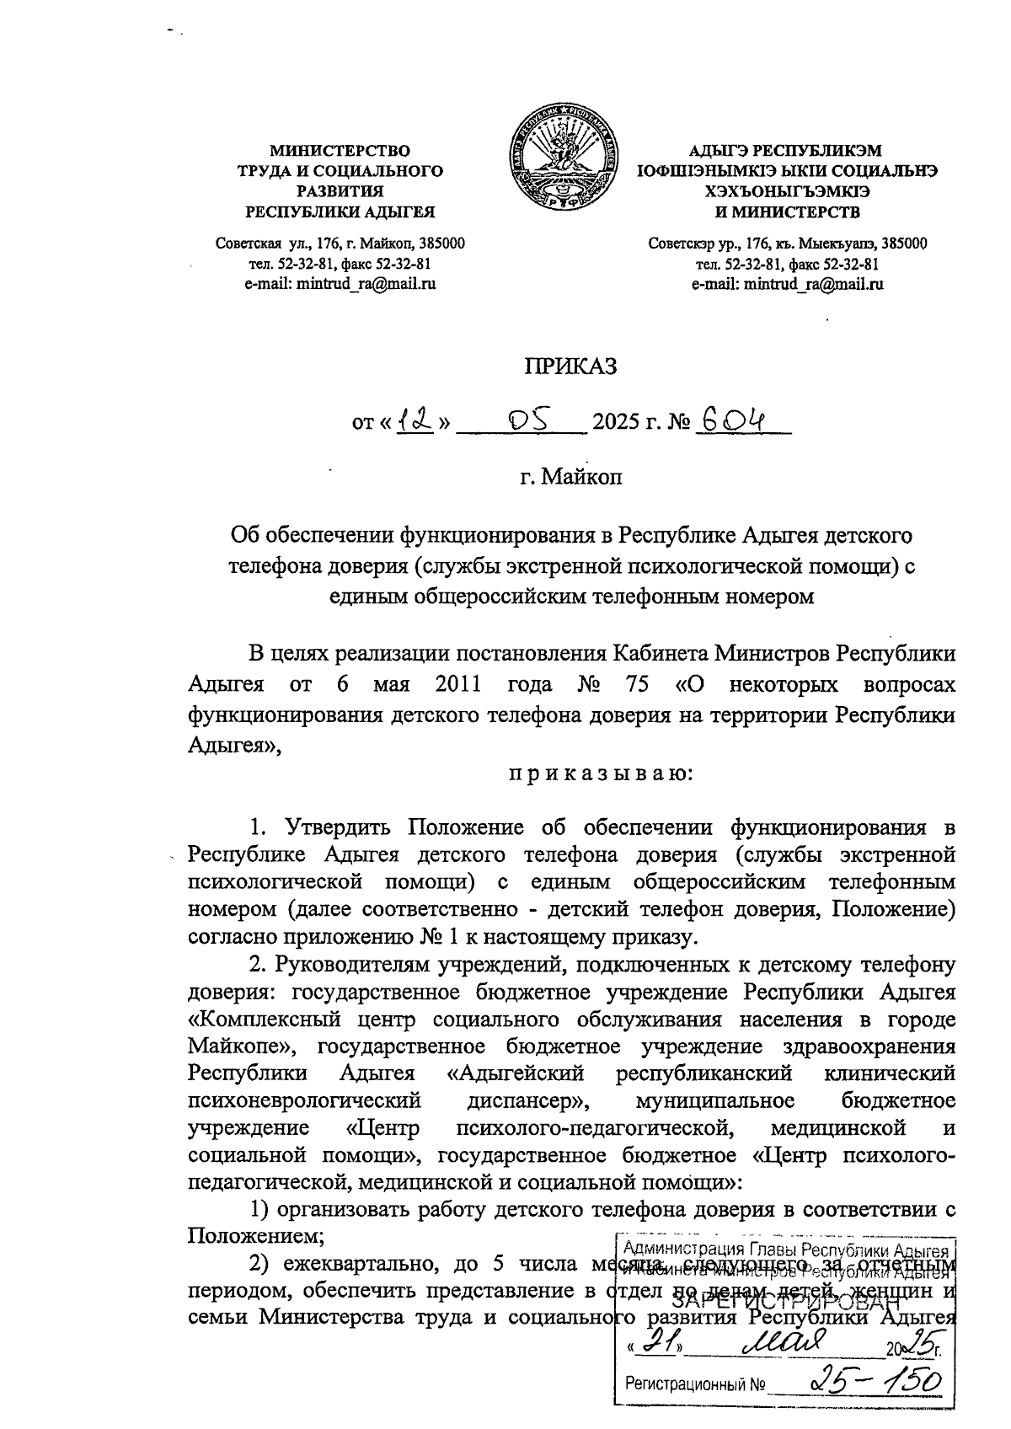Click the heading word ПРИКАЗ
[571, 367]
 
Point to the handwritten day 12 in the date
[415, 419]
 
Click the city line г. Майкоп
[571, 478]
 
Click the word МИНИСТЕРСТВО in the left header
[340, 151]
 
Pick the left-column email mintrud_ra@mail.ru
[340, 284]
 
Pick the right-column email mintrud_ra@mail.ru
[787, 284]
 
